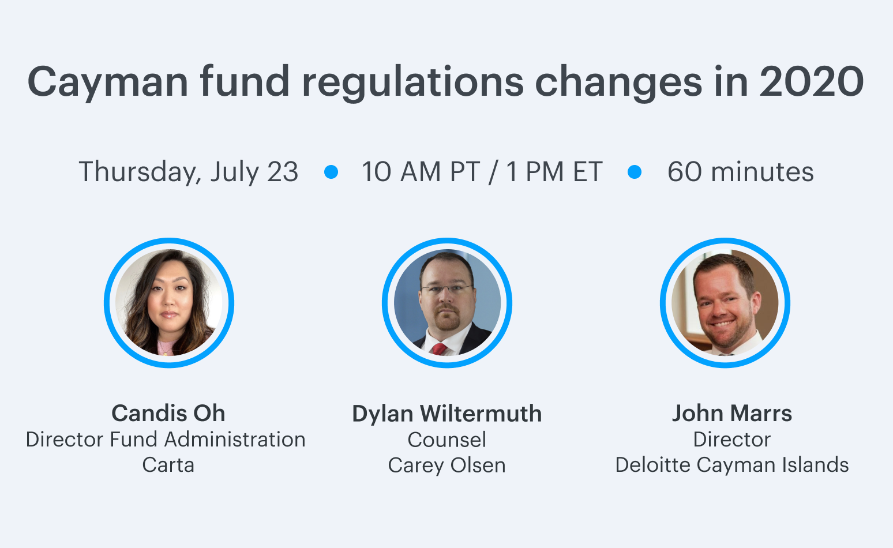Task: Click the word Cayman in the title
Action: point(108,82)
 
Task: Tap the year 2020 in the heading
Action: point(811,82)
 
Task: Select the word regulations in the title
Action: point(412,82)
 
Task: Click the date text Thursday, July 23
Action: point(189,172)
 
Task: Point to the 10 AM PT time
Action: point(421,172)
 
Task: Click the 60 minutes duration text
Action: point(740,172)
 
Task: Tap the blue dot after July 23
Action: point(331,172)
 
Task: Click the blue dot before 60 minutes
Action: point(634,172)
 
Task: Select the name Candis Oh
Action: point(168,413)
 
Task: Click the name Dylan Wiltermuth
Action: point(447,414)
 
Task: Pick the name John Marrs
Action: point(732,413)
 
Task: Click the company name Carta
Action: point(168,465)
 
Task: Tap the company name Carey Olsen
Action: point(447,466)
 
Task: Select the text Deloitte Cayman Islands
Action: point(732,465)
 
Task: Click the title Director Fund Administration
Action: point(166,440)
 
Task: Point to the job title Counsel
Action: point(447,440)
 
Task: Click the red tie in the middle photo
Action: point(440,349)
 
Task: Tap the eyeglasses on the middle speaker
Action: point(447,288)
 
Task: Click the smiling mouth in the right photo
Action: point(722,324)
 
